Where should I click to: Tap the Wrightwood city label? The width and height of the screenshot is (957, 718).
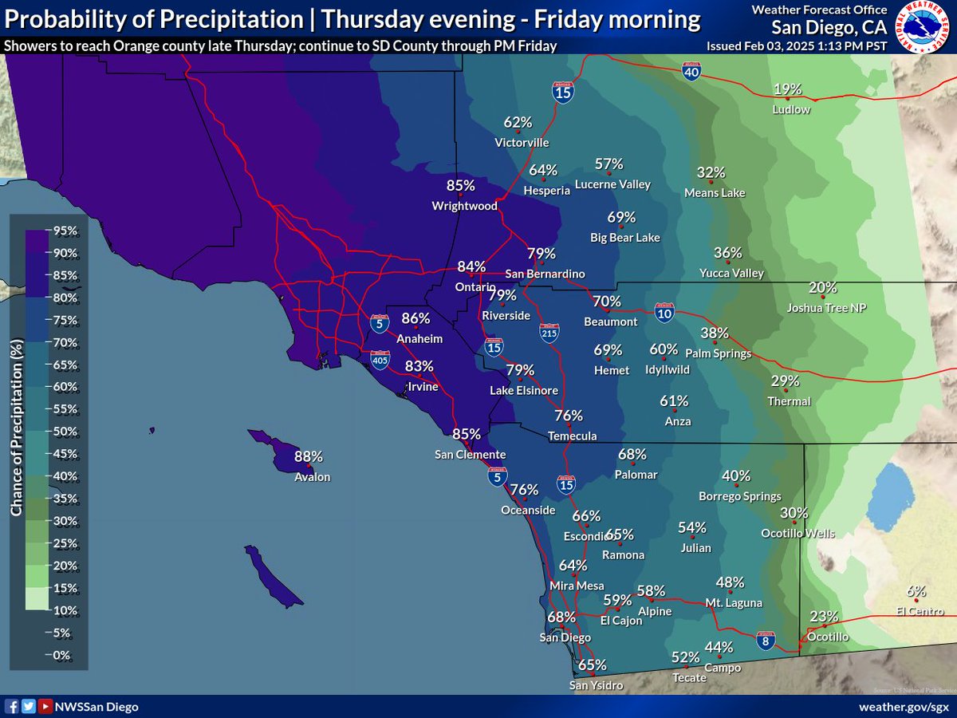pos(464,206)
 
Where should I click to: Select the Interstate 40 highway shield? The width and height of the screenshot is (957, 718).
pos(691,73)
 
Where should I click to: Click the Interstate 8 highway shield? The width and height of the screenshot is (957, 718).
pos(765,640)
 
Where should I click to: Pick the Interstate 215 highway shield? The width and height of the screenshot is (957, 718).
pos(549,333)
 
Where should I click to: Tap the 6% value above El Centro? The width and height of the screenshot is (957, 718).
pos(916,591)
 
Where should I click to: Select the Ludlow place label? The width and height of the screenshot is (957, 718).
pos(791,109)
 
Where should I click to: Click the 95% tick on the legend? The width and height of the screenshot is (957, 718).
pos(65,231)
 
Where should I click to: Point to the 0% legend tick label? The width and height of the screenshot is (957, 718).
pos(62,655)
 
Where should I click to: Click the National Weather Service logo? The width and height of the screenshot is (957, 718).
pos(924,26)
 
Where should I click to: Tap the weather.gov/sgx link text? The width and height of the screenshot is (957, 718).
pos(904,707)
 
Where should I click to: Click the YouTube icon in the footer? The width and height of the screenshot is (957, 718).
pos(45,707)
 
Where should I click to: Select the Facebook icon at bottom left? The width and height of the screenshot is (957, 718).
pos(12,707)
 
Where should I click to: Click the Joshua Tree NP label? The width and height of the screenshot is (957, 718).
pos(826,308)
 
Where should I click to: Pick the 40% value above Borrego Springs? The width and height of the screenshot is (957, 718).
pos(736,476)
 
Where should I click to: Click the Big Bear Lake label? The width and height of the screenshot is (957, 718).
pos(624,237)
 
